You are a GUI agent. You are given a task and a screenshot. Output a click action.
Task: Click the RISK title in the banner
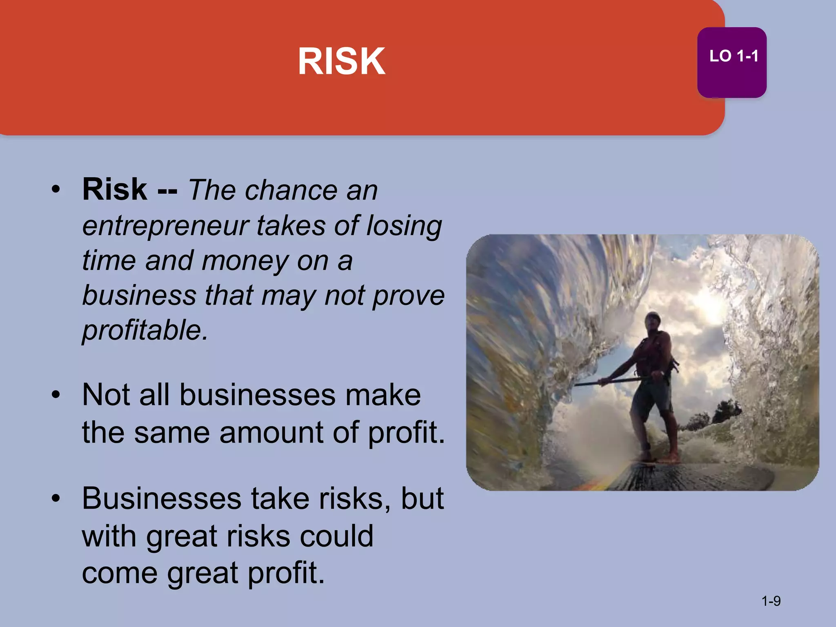341,61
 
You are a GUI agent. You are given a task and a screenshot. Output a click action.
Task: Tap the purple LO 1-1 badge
731,62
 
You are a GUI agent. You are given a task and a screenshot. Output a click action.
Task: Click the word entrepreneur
165,226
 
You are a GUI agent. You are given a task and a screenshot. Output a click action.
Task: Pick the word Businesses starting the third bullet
161,498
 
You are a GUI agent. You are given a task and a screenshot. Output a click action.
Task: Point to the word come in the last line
119,573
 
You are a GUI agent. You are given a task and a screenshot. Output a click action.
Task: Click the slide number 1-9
771,601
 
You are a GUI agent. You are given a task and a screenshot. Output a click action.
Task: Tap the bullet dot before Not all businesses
56,394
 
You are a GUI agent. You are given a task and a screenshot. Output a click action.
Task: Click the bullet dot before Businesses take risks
56,498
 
